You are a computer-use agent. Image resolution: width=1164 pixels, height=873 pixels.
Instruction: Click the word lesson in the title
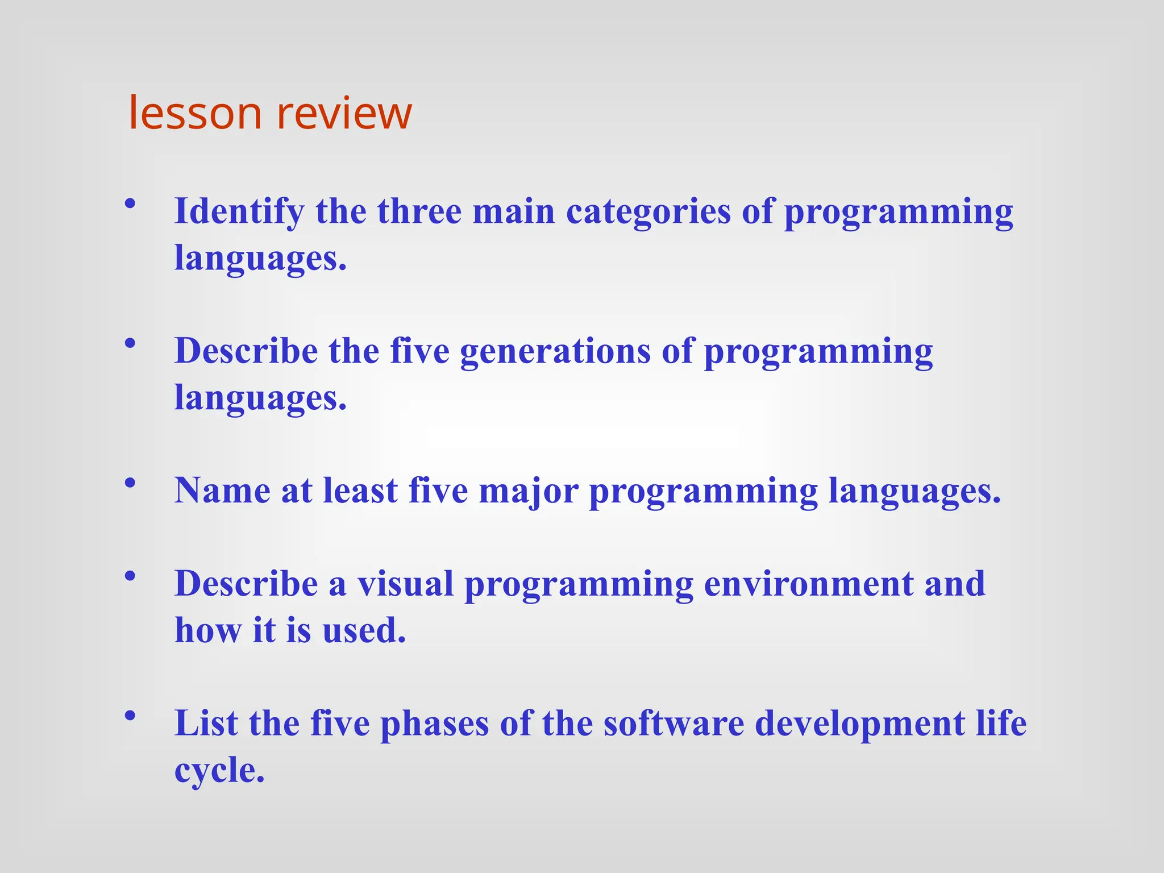[x=195, y=113]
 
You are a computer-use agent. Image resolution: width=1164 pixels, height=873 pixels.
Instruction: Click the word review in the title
[x=344, y=113]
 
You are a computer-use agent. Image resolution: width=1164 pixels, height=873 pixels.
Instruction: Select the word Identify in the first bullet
[x=239, y=212]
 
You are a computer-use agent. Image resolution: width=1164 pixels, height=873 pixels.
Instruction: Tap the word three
[x=419, y=211]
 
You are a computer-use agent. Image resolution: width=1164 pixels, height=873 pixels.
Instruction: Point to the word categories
[x=648, y=212]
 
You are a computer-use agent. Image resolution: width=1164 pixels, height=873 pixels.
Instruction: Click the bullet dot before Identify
[x=130, y=203]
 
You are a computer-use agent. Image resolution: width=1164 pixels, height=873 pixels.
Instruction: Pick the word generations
[x=555, y=351]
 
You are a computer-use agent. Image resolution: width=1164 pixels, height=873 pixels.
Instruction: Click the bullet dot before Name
[x=130, y=483]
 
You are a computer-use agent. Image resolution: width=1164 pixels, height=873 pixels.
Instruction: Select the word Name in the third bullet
[x=222, y=490]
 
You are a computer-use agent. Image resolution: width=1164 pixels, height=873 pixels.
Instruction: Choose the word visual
[x=405, y=584]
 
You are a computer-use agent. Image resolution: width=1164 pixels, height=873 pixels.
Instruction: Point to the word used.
[x=364, y=630]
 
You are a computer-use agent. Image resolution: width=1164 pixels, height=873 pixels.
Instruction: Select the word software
[x=674, y=724]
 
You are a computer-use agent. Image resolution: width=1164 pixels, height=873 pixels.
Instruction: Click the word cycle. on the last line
[x=219, y=771]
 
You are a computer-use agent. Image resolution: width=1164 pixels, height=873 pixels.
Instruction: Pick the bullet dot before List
[x=130, y=715]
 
